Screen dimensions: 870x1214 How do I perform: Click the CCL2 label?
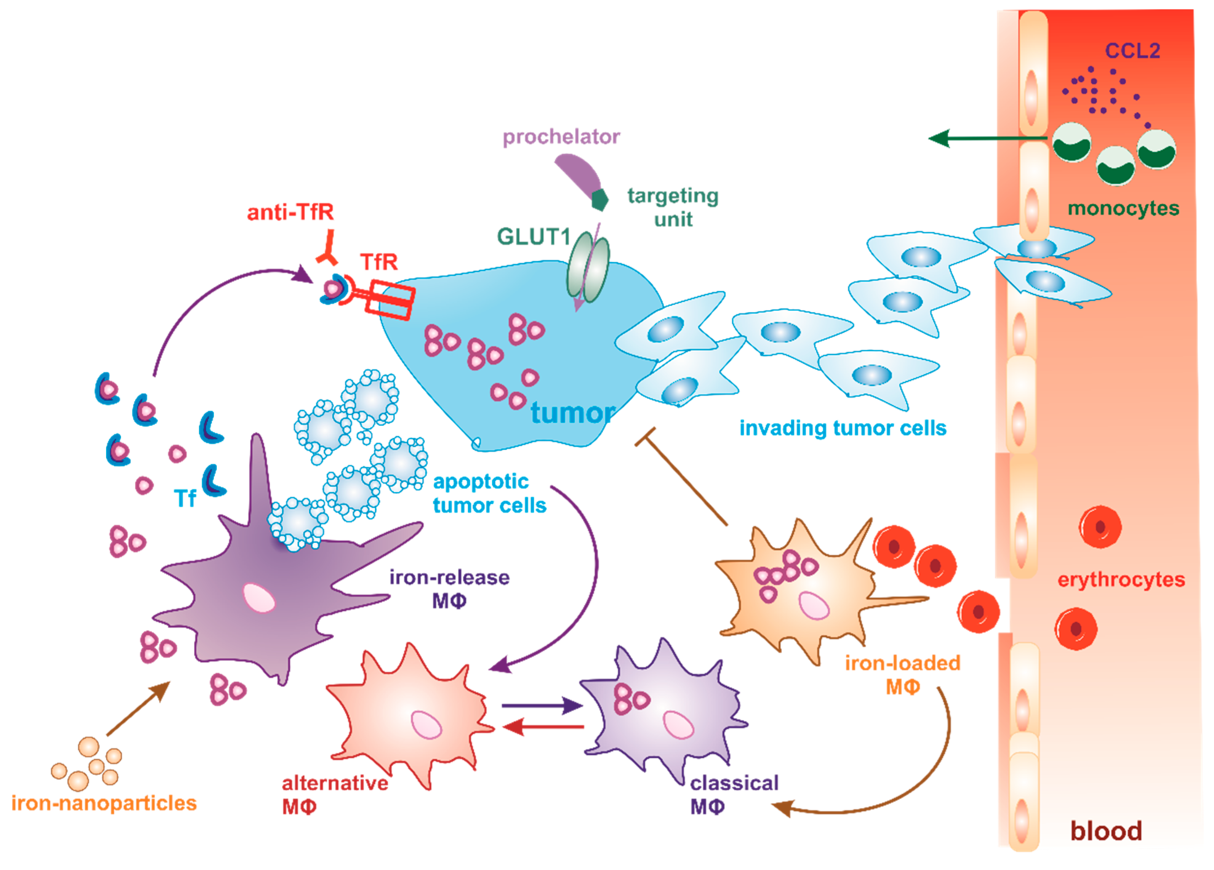point(1132,51)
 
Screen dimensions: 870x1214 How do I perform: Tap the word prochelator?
point(561,137)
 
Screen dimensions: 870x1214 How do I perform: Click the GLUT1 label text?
point(534,237)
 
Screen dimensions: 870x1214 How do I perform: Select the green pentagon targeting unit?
point(600,200)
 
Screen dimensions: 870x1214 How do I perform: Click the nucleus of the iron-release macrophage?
point(259,598)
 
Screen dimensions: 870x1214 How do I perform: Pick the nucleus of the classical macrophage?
point(678,725)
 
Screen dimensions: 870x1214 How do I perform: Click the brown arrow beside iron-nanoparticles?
point(138,708)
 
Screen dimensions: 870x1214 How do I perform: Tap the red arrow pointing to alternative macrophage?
point(543,727)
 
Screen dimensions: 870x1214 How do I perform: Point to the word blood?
point(1106,831)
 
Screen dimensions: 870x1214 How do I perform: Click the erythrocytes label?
point(1121,580)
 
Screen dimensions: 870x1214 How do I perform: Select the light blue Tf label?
point(185,499)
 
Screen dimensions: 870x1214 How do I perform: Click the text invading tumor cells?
point(843,428)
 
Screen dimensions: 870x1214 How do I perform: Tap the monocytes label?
point(1123,208)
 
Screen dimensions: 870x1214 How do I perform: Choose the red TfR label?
point(379,262)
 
